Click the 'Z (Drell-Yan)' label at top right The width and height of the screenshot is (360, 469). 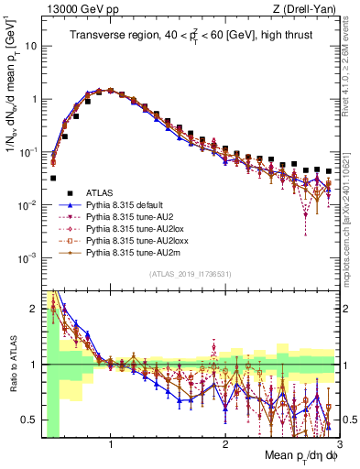(x=307, y=8)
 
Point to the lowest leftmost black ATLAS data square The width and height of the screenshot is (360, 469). (x=53, y=179)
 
